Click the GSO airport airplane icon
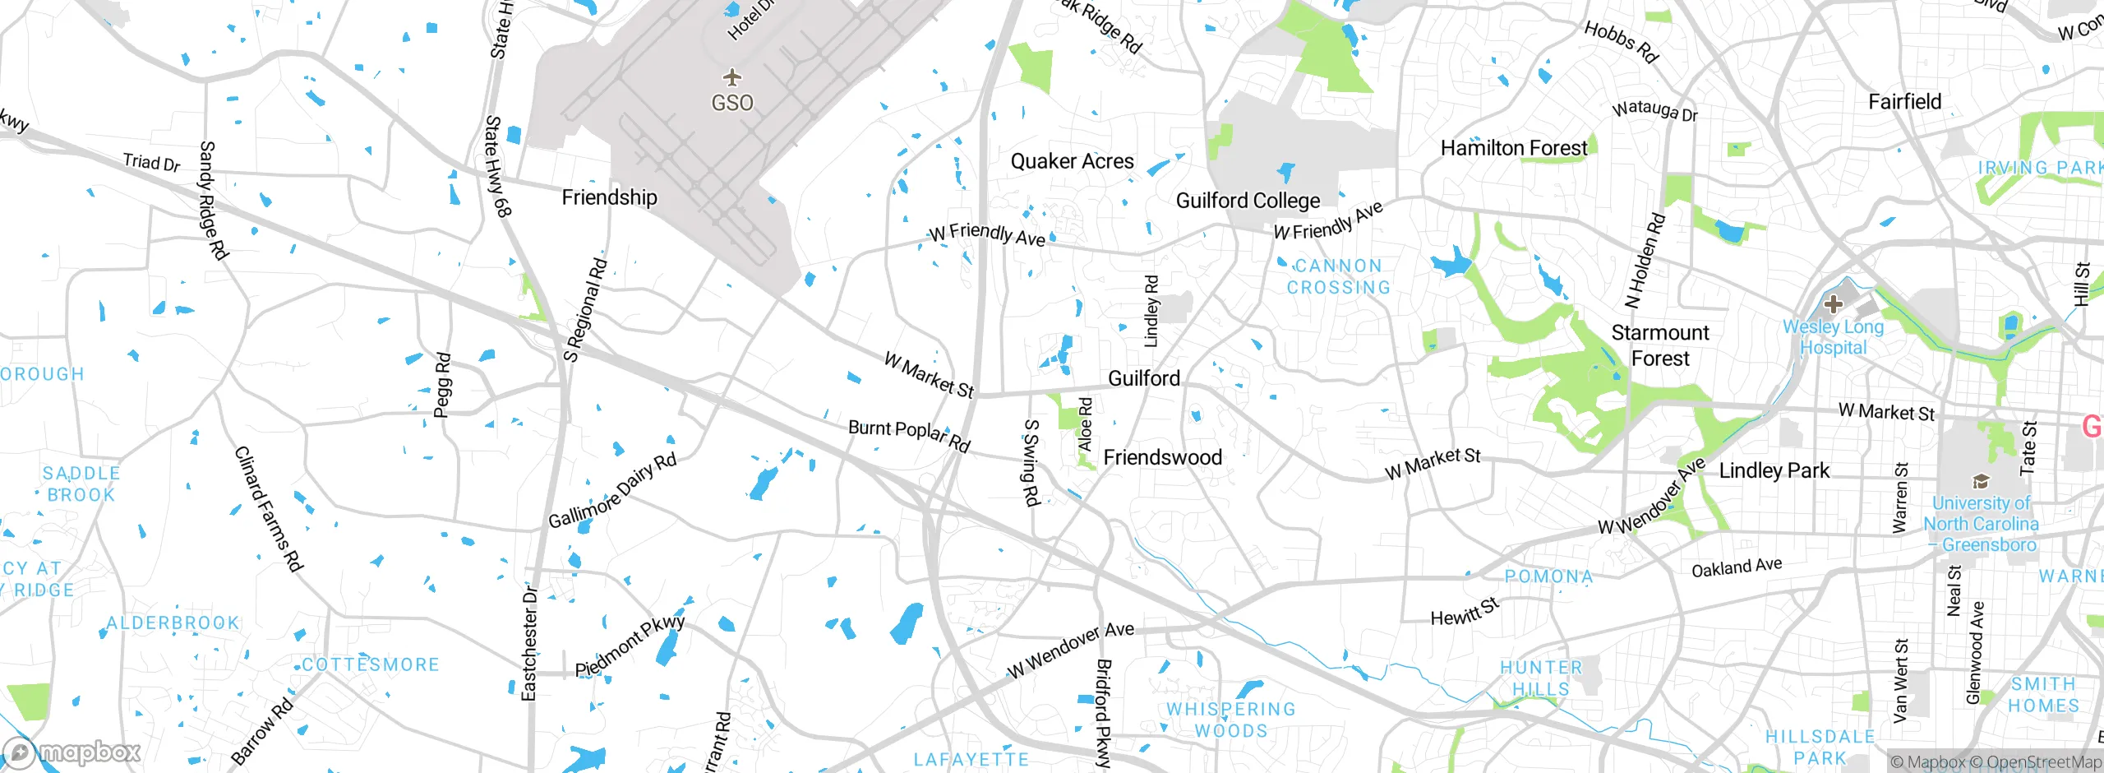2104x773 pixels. click(731, 78)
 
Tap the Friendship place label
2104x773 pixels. click(609, 197)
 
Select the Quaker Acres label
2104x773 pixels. click(1072, 161)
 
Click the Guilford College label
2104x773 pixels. click(1248, 201)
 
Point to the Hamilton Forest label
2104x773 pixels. click(1514, 148)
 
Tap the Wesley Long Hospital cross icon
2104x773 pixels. click(1832, 304)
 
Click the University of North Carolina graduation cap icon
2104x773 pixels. click(1981, 481)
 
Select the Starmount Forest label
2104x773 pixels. click(1660, 345)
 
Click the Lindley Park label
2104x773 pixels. click(1774, 470)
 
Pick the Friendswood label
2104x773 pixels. click(1162, 457)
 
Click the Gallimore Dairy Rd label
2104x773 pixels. click(612, 491)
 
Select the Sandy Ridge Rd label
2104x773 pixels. click(213, 201)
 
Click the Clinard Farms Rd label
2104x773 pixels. click(269, 508)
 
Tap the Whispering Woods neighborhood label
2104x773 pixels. click(1230, 720)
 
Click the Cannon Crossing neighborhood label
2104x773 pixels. click(1338, 277)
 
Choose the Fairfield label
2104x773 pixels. click(1904, 102)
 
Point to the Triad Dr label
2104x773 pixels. click(151, 162)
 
